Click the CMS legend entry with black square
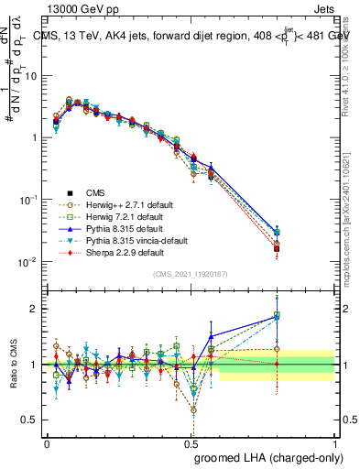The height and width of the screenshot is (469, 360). pos(95,192)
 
